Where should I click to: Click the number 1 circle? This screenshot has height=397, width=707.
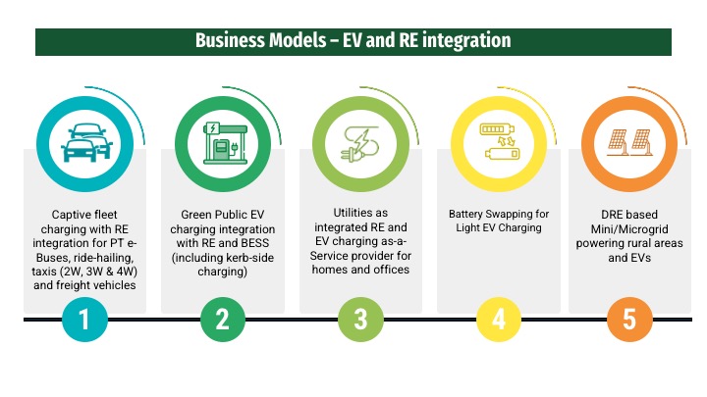point(86,320)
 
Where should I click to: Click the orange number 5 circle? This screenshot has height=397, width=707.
point(629,320)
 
